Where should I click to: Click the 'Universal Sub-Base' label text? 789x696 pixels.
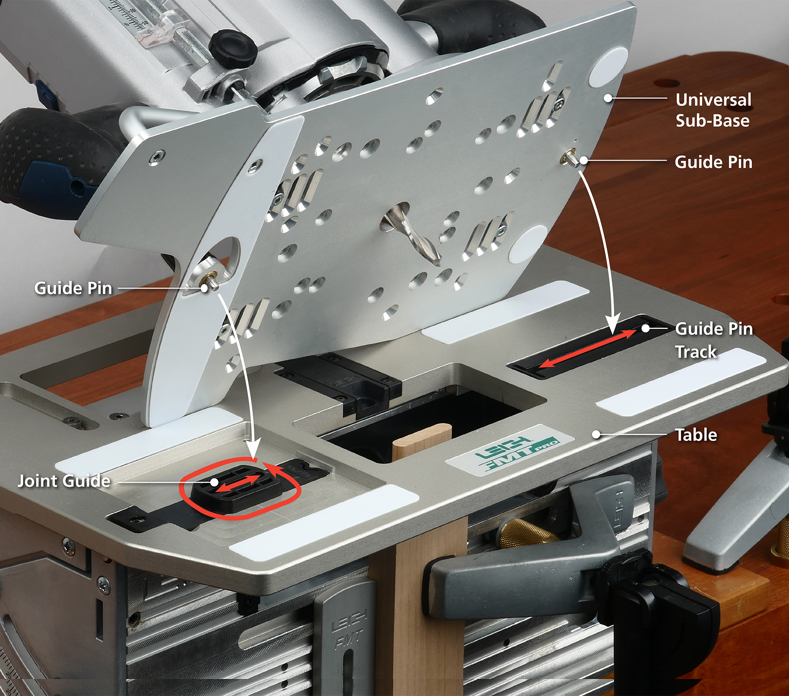point(713,110)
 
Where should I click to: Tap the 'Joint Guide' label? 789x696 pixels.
point(64,481)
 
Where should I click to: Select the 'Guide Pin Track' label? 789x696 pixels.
point(714,340)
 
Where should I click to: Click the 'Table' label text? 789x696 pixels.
point(696,435)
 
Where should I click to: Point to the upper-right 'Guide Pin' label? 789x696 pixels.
point(713,162)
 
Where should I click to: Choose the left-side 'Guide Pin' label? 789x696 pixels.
point(73,288)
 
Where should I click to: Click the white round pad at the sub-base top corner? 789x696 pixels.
point(608,67)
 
